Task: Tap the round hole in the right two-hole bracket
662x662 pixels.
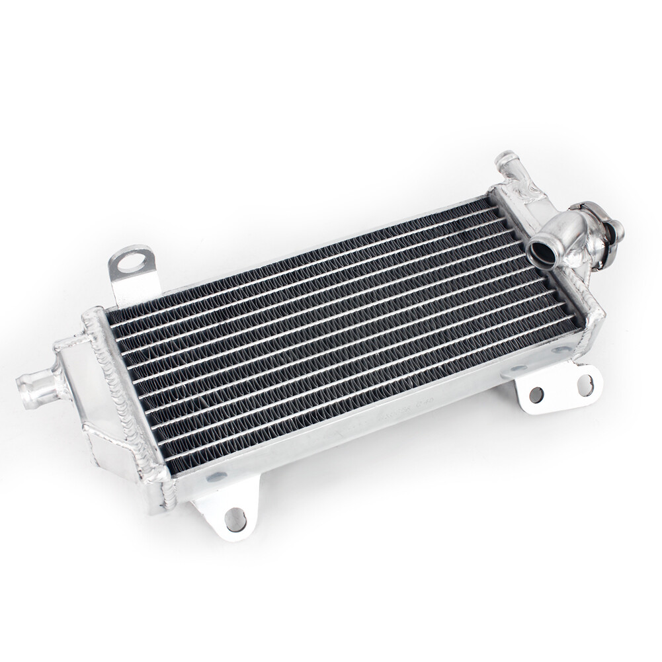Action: click(x=536, y=394)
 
